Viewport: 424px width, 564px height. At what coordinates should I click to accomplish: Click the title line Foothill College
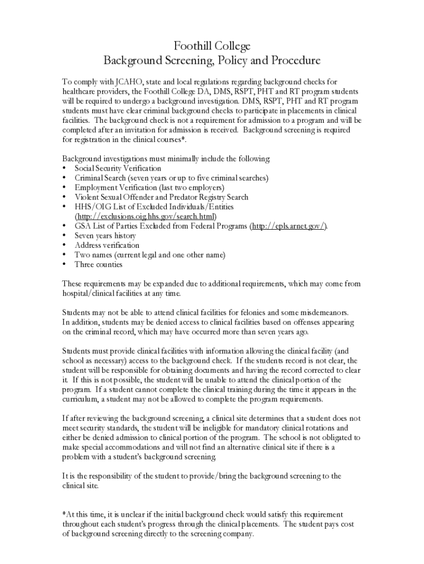[212, 46]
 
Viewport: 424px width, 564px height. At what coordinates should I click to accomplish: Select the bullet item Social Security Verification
[118, 168]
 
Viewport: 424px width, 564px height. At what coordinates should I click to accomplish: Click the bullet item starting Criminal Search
[171, 178]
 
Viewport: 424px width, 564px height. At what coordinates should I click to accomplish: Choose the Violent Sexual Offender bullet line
[161, 197]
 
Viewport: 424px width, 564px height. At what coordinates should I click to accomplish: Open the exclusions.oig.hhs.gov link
[145, 216]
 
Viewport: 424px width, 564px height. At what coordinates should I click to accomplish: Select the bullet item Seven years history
[105, 236]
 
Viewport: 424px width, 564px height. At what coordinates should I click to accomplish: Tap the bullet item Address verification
[107, 245]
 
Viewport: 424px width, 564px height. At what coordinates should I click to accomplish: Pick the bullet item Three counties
[99, 264]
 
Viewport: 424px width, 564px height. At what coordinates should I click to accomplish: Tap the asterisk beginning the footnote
[64, 514]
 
